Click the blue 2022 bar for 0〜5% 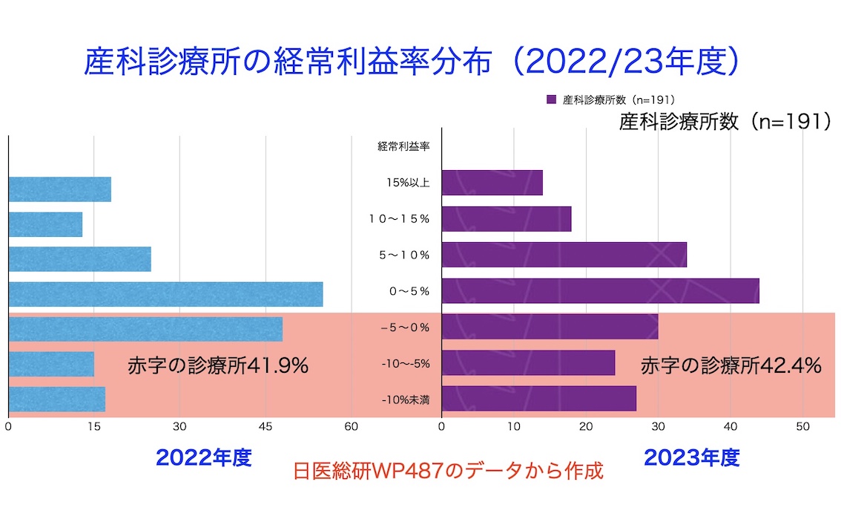[165, 294]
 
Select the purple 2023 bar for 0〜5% [600, 290]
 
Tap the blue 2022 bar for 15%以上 [59, 189]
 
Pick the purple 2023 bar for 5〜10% [564, 255]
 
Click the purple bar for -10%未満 [538, 399]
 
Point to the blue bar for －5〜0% [145, 329]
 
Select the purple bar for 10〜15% [506, 219]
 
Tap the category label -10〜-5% [406, 364]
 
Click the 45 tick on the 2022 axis [265, 427]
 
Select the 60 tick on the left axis [351, 427]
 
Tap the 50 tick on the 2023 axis [802, 427]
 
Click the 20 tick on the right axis [586, 427]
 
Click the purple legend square [550, 100]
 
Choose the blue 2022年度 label [204, 457]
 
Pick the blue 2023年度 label [691, 457]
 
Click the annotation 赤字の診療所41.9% [218, 366]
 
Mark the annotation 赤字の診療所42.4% [730, 365]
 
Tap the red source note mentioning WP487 [449, 472]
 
